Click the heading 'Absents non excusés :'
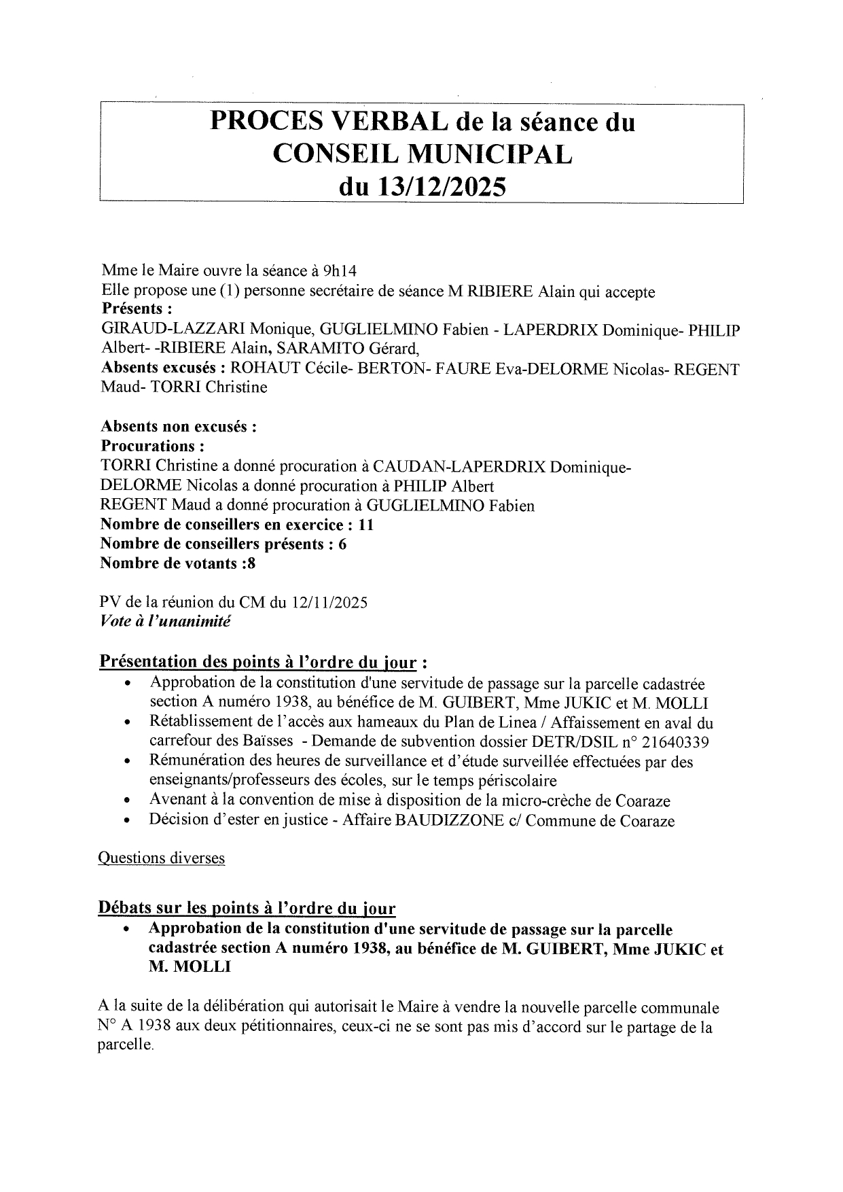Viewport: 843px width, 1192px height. click(178, 427)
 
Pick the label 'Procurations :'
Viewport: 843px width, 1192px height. click(153, 446)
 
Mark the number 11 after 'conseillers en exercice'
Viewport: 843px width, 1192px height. click(366, 525)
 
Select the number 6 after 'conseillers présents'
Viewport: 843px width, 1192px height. click(342, 544)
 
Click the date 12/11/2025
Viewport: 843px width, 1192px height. click(330, 602)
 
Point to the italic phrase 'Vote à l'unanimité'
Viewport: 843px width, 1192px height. click(165, 621)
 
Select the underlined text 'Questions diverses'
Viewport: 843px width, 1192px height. click(162, 858)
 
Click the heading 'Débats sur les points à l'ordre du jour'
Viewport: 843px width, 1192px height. click(248, 907)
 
